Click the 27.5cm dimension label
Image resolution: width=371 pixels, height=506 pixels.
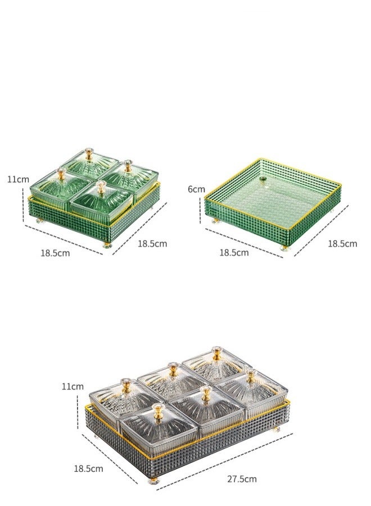tap(242, 479)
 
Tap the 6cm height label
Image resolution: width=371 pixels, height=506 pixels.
tap(196, 189)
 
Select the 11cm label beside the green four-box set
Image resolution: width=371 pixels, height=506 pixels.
tap(18, 179)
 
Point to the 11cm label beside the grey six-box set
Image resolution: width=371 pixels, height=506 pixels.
tap(73, 386)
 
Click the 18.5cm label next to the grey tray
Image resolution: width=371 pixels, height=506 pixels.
tap(88, 468)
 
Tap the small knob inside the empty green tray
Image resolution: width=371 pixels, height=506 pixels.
tap(263, 179)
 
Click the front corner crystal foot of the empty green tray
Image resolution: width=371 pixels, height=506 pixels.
tap(285, 248)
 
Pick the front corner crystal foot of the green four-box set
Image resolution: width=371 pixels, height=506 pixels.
tap(107, 245)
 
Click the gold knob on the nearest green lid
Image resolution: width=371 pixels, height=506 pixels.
tap(102, 187)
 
